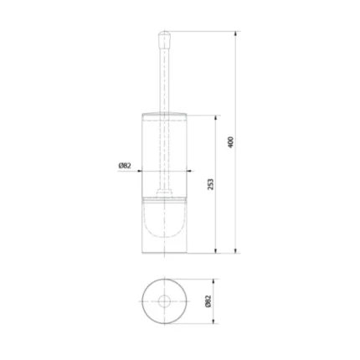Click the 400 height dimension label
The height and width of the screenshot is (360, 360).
coord(230,141)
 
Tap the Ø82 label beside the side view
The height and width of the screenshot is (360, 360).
coord(124,166)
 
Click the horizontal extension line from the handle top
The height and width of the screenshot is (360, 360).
coord(201,32)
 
